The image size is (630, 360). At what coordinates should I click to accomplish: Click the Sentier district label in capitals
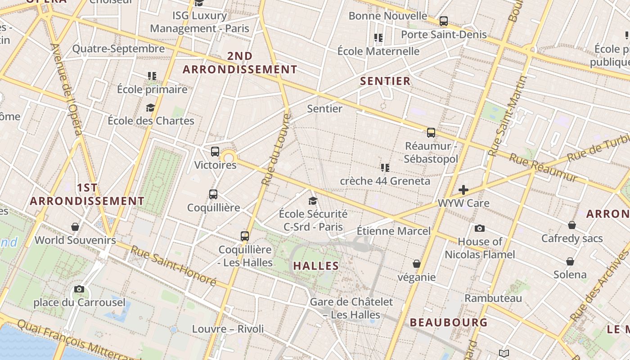pos(385,81)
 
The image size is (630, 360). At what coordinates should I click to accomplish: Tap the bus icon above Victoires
pos(215,151)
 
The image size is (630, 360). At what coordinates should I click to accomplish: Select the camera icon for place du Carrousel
pos(79,289)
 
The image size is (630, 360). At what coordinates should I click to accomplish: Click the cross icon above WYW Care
pos(463,190)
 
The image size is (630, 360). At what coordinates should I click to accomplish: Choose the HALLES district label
pos(316,265)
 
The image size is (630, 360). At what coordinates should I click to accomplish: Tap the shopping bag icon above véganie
pos(417,264)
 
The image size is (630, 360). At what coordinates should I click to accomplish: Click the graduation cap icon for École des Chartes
pos(150,108)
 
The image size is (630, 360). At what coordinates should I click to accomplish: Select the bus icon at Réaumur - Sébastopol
pos(431,132)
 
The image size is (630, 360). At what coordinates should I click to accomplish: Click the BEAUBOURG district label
pos(449,322)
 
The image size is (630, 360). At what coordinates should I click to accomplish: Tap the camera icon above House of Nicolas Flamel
pos(480,228)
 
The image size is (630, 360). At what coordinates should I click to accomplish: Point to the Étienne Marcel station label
pos(393,231)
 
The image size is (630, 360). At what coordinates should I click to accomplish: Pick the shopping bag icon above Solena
pos(570,261)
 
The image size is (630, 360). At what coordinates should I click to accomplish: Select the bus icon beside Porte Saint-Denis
pos(444,21)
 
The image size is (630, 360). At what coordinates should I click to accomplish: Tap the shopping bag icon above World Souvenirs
pos(75,227)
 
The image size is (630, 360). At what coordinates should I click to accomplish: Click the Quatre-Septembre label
pos(118,49)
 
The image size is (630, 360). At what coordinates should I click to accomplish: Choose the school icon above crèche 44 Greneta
pos(385,168)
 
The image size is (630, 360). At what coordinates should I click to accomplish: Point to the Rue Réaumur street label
pos(543,168)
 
